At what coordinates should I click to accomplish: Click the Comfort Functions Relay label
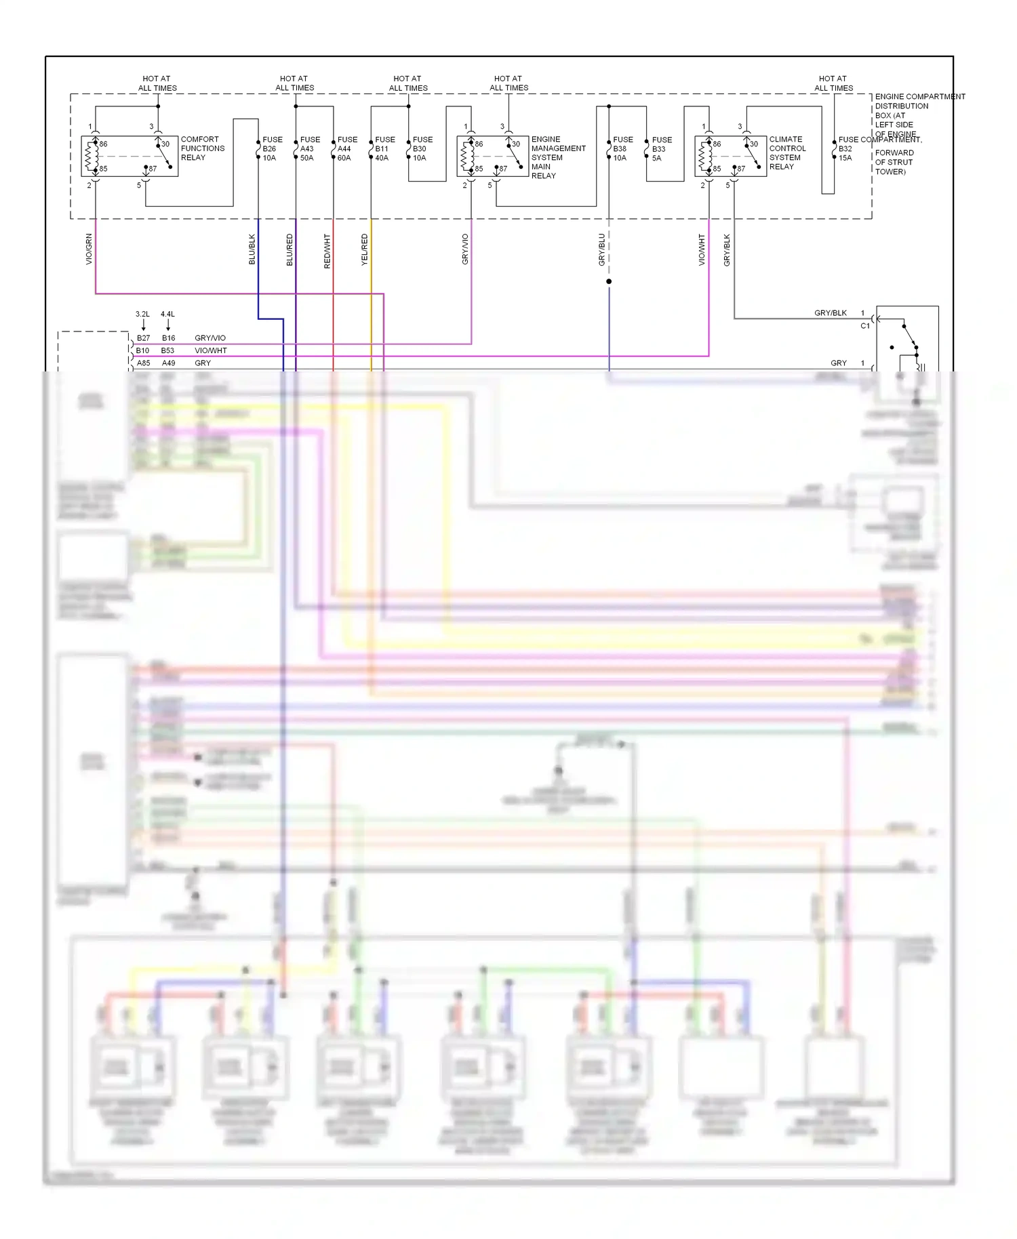(x=202, y=148)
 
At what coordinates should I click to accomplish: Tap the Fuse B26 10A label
(x=272, y=148)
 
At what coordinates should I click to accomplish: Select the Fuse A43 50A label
(x=310, y=148)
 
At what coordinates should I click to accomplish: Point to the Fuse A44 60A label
(x=347, y=148)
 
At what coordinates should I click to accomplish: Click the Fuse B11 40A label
(x=384, y=148)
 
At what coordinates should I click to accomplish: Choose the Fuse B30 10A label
(x=422, y=148)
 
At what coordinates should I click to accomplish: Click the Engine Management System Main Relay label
(x=557, y=157)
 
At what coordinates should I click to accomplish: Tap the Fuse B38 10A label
(x=622, y=148)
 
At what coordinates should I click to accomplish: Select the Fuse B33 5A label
(x=661, y=149)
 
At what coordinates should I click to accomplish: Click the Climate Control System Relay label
(x=787, y=153)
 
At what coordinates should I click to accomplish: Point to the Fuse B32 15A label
(x=848, y=148)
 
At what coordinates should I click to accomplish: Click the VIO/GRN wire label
(x=89, y=249)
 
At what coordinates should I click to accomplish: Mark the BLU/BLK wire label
(x=252, y=249)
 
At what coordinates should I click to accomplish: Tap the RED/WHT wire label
(x=327, y=251)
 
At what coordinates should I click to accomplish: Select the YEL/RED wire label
(x=364, y=249)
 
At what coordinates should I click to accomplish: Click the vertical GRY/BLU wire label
(x=601, y=249)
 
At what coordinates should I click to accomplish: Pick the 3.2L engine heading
(x=142, y=314)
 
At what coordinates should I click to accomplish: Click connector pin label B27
(x=143, y=338)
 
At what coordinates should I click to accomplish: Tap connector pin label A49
(x=168, y=363)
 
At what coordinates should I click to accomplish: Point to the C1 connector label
(x=864, y=326)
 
